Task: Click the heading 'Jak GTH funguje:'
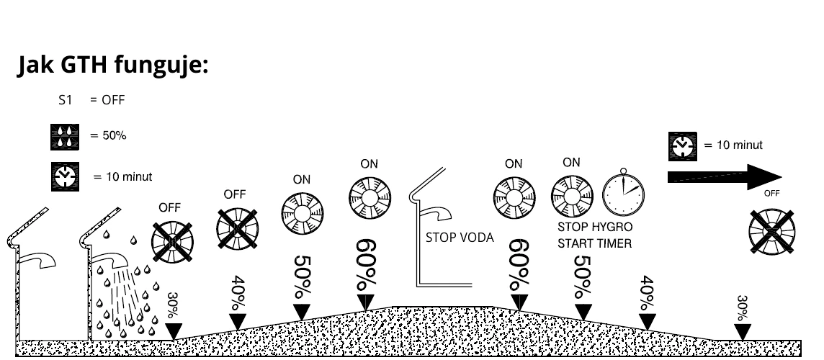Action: click(x=112, y=66)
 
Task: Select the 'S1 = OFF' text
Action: click(x=91, y=100)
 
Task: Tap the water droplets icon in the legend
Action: click(x=64, y=137)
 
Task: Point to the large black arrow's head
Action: click(x=763, y=176)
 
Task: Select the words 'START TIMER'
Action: click(x=594, y=243)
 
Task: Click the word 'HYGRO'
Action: click(x=612, y=227)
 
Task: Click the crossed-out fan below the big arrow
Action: click(x=771, y=230)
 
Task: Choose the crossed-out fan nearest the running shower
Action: click(x=173, y=241)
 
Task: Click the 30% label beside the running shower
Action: click(x=173, y=305)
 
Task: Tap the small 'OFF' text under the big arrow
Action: click(x=771, y=193)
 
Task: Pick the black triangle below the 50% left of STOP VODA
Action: click(x=303, y=311)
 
